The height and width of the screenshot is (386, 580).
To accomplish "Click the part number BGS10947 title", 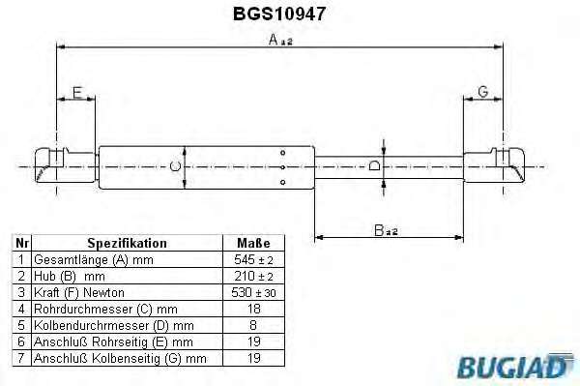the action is (x=279, y=14).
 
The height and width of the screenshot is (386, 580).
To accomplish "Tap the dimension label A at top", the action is (x=280, y=40).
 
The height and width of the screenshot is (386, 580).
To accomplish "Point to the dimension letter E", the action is (x=77, y=93).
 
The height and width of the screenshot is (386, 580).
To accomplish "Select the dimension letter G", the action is (x=483, y=92).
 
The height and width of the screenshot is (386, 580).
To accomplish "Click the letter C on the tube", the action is (x=175, y=166).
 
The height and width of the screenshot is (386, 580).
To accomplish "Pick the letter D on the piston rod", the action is (x=374, y=165).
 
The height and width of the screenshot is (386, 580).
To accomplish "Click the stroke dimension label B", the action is (x=386, y=230).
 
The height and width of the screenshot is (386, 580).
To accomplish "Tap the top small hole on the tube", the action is (x=283, y=153).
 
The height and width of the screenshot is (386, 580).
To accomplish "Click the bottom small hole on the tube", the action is (x=283, y=182).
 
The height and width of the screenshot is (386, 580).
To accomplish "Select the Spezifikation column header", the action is (x=127, y=243).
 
